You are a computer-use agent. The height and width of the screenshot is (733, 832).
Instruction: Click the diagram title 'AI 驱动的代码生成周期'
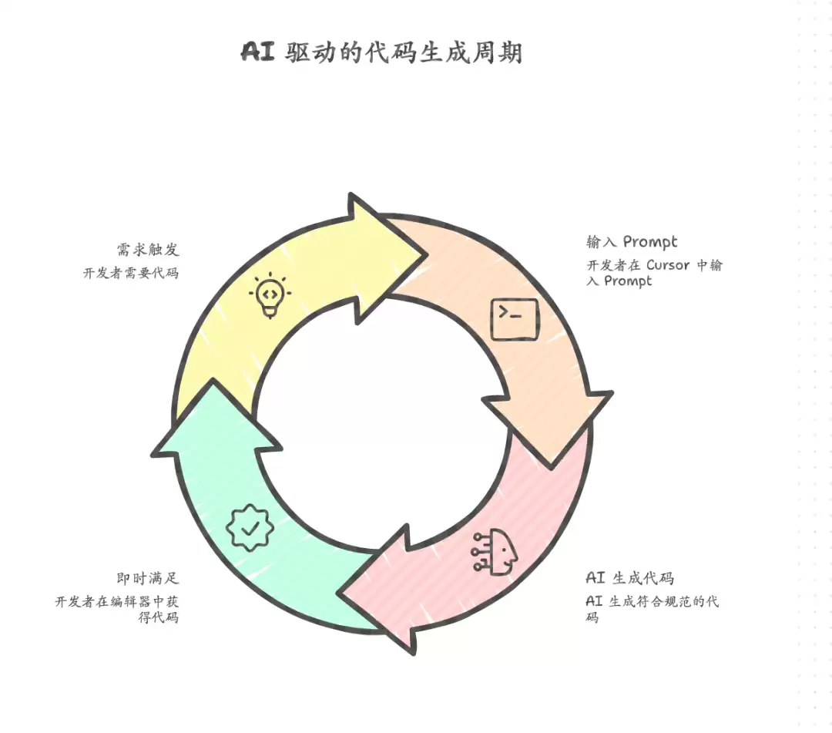click(x=382, y=52)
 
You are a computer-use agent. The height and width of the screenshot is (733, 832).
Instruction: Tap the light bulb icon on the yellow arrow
click(x=270, y=295)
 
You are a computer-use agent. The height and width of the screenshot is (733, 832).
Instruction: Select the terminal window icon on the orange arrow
click(x=514, y=319)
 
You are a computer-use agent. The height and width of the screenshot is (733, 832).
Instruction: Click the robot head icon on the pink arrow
click(x=495, y=552)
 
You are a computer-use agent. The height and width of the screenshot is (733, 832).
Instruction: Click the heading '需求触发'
click(x=148, y=250)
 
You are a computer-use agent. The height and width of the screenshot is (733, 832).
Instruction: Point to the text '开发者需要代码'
click(x=130, y=273)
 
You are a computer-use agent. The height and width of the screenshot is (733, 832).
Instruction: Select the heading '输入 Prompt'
click(x=632, y=242)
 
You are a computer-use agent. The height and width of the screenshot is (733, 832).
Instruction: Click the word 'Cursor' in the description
click(x=667, y=265)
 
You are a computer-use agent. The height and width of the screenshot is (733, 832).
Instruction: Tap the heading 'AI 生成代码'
click(x=630, y=577)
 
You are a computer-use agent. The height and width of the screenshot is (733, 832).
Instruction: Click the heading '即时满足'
click(x=148, y=577)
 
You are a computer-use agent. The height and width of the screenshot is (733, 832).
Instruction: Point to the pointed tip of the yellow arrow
click(x=427, y=255)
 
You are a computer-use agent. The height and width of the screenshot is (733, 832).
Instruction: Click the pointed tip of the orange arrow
click(x=552, y=469)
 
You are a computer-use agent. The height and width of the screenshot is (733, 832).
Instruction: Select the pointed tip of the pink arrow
click(x=338, y=592)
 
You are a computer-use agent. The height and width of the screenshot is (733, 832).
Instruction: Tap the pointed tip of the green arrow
click(x=213, y=379)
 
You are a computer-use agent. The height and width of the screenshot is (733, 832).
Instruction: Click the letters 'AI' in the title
click(x=258, y=52)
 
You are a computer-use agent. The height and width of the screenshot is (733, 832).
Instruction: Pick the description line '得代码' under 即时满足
click(x=158, y=617)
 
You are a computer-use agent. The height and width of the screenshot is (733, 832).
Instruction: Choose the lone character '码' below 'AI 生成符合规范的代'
click(x=592, y=617)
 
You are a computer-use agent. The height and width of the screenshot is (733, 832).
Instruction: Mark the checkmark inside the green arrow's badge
click(x=250, y=528)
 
